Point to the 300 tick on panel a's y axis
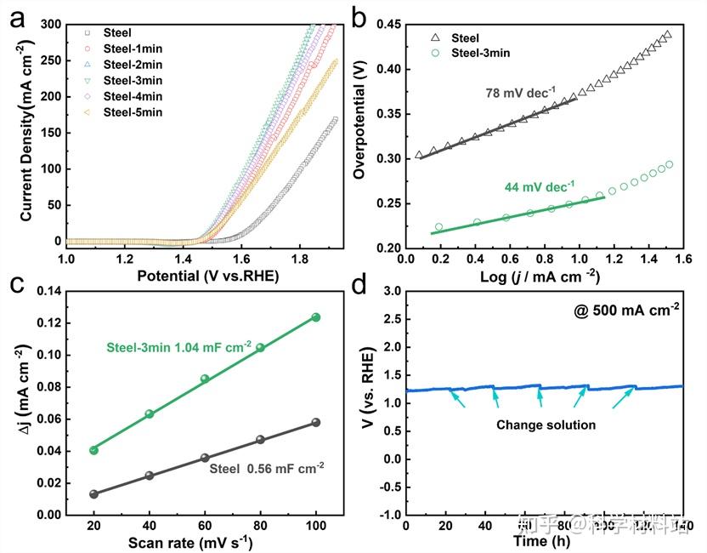(x=50, y=25)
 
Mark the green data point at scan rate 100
(x=316, y=317)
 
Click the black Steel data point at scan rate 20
(x=93, y=494)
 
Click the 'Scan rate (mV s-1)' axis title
(x=191, y=542)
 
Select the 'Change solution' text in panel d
(x=546, y=424)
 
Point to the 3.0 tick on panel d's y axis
(x=391, y=292)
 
